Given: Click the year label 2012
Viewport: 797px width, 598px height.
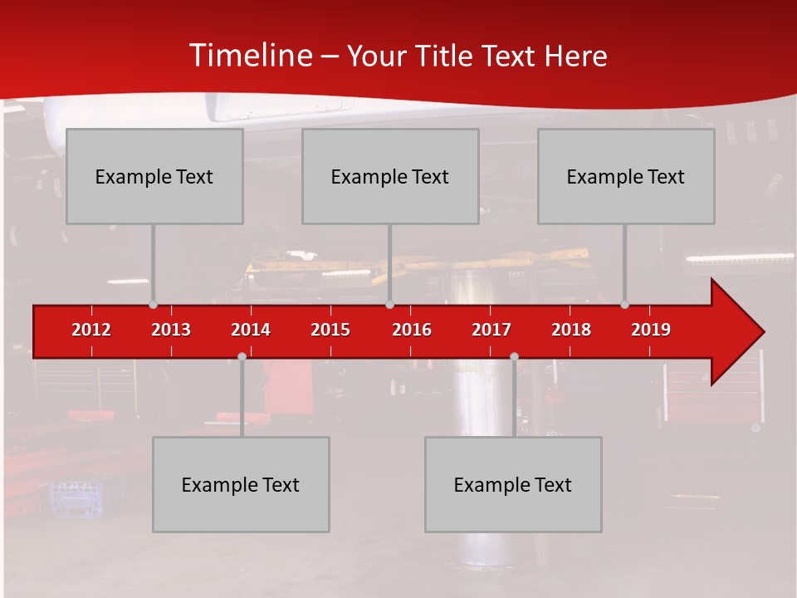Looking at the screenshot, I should (91, 331).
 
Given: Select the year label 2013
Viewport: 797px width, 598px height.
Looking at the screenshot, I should (171, 331).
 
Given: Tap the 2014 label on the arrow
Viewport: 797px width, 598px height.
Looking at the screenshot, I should (251, 331).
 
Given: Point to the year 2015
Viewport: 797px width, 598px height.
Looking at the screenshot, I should (330, 331).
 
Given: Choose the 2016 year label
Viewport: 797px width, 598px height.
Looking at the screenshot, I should (412, 331).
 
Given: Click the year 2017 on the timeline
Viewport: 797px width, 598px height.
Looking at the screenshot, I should (491, 331).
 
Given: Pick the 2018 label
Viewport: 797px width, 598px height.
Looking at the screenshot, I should (571, 331).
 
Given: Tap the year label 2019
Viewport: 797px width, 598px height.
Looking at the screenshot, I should (651, 331).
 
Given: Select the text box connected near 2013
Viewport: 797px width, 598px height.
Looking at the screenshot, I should (154, 176).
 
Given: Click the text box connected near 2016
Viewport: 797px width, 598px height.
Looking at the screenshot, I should (390, 176).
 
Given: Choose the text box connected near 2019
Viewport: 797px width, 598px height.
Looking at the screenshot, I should (626, 176).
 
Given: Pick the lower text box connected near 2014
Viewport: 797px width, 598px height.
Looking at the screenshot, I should (241, 484).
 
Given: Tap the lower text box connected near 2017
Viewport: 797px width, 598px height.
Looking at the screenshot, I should (513, 484).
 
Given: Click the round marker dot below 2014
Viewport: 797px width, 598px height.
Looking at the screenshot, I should (242, 356).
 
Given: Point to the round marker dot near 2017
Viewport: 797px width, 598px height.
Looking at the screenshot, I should (514, 356).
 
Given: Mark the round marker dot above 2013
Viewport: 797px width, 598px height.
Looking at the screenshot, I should (153, 305).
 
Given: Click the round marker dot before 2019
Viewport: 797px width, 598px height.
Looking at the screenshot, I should (624, 305).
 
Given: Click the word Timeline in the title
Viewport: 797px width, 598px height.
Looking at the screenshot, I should (250, 56).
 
